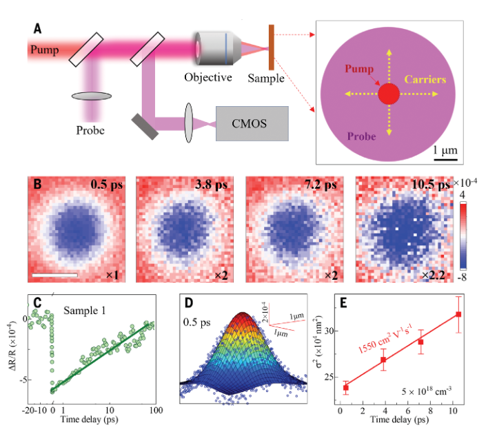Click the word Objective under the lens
(x=207, y=77)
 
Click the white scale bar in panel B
(x=57, y=276)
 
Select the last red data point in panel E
(x=458, y=314)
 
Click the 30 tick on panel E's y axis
(x=328, y=331)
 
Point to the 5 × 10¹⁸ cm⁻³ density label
(x=428, y=390)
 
